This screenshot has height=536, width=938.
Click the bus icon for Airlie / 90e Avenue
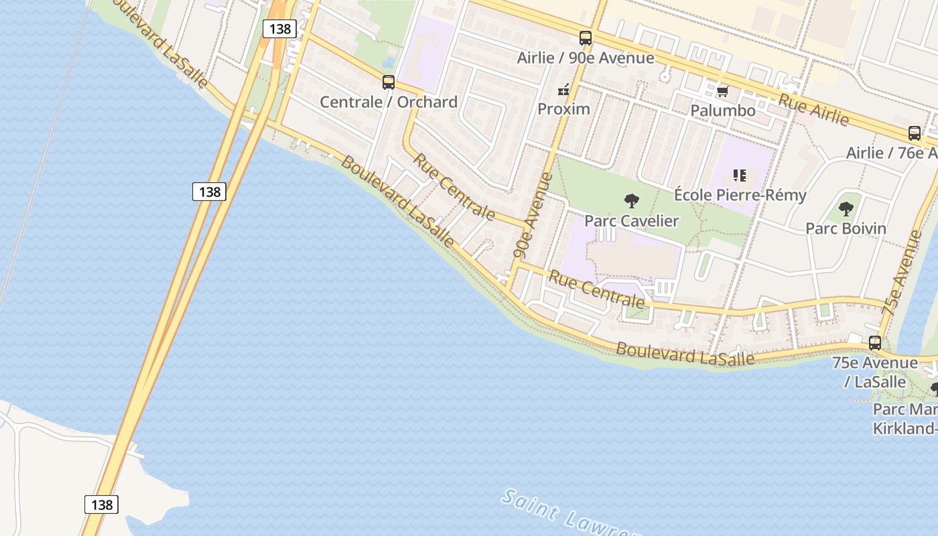[586, 38]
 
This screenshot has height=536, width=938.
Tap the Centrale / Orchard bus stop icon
[389, 82]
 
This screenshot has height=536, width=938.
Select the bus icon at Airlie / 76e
[915, 133]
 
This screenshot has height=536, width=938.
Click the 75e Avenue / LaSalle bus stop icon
[875, 343]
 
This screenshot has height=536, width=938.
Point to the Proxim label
[564, 109]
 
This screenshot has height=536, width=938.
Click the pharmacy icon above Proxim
[563, 89]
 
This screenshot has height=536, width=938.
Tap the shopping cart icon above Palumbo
[722, 91]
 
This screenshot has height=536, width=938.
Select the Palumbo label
[722, 110]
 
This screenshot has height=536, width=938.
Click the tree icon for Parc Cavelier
[631, 200]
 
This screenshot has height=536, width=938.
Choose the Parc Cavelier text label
[631, 220]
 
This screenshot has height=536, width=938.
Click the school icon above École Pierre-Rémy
[740, 176]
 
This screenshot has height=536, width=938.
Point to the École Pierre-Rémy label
[740, 195]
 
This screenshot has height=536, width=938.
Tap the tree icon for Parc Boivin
[846, 208]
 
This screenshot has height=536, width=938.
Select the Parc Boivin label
[846, 228]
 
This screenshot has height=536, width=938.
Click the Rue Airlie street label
[813, 108]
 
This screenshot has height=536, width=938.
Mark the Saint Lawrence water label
[569, 516]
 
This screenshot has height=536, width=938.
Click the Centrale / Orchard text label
[389, 102]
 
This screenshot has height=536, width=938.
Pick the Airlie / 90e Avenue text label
[586, 58]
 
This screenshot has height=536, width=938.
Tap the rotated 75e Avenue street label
[902, 273]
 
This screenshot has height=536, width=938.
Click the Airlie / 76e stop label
[891, 153]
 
